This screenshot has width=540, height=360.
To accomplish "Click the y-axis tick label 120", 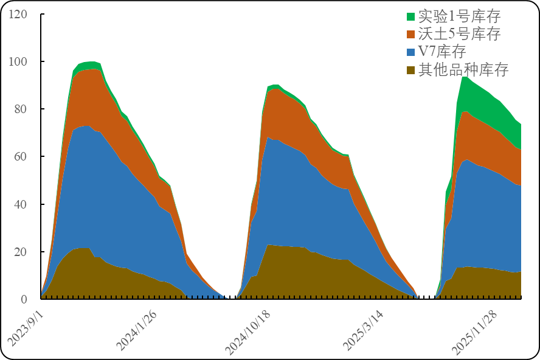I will pos(18,14).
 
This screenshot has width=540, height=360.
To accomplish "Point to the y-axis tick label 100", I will pos(18,61).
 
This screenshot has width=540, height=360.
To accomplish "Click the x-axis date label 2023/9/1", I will pos(25,328).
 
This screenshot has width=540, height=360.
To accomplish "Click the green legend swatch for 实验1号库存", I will pos(410,16).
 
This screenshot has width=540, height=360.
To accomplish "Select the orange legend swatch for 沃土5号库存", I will pos(410,34).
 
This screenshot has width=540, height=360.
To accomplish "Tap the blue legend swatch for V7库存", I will pos(410,52).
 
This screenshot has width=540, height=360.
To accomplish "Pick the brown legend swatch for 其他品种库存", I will pos(410,69).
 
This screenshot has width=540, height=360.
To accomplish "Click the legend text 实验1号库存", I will pos(459,16).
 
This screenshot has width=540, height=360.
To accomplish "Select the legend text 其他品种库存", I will pos(463,69).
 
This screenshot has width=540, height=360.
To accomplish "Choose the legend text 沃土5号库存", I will pos(459,34).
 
